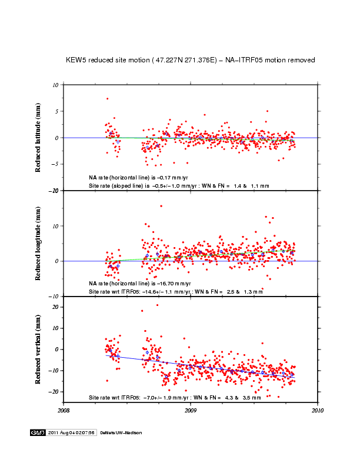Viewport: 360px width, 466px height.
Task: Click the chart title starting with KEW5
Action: (191, 60)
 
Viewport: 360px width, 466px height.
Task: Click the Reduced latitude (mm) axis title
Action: (38, 137)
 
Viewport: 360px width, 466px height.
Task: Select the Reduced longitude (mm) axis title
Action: (38, 243)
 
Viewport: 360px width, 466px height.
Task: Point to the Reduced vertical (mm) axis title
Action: (38, 349)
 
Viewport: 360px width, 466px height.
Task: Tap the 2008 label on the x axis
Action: (64, 410)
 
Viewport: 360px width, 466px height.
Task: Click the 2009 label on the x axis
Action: (191, 410)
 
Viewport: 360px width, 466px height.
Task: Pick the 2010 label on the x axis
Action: (318, 410)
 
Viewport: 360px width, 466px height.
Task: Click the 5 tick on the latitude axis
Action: (55, 111)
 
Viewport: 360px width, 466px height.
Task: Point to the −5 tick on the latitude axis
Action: (54, 165)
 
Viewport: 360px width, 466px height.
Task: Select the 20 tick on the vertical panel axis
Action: (54, 307)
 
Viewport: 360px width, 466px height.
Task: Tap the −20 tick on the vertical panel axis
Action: (53, 392)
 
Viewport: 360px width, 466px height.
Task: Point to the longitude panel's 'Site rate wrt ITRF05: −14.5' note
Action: (175, 291)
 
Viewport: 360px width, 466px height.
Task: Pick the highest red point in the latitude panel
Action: (107, 99)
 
